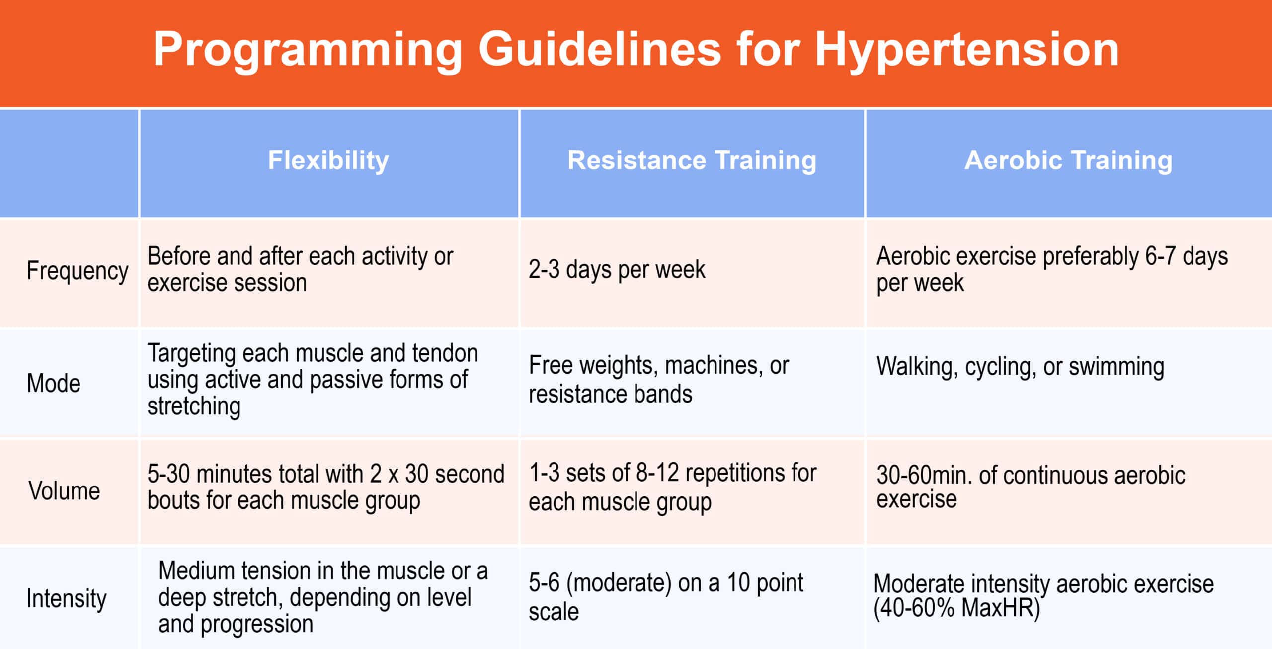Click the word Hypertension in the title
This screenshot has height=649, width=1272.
pyautogui.click(x=967, y=50)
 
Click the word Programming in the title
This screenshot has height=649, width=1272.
pyautogui.click(x=308, y=50)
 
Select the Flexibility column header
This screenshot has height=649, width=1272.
pyautogui.click(x=328, y=161)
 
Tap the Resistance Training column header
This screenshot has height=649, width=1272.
pyautogui.click(x=692, y=161)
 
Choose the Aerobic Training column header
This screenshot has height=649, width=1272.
pyautogui.click(x=1069, y=161)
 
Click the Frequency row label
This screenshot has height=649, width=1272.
pyautogui.click(x=78, y=271)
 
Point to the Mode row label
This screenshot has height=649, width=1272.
pyautogui.click(x=54, y=383)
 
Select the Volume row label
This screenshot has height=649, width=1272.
pyautogui.click(x=64, y=491)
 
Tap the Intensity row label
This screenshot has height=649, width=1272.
pyautogui.click(x=67, y=598)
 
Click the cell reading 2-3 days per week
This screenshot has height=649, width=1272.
pyautogui.click(x=617, y=270)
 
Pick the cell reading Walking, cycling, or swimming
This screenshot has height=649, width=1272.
pyautogui.click(x=1021, y=367)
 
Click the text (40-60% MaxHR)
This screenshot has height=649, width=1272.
pyautogui.click(x=957, y=608)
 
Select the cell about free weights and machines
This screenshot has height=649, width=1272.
pyautogui.click(x=658, y=380)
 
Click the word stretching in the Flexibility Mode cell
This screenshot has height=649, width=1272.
pyautogui.click(x=194, y=406)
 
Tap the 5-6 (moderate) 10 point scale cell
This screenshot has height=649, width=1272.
pyautogui.click(x=666, y=597)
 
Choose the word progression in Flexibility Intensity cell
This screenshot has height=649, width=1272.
pyautogui.click(x=257, y=624)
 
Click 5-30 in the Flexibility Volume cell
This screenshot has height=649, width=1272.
pyautogui.click(x=169, y=474)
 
